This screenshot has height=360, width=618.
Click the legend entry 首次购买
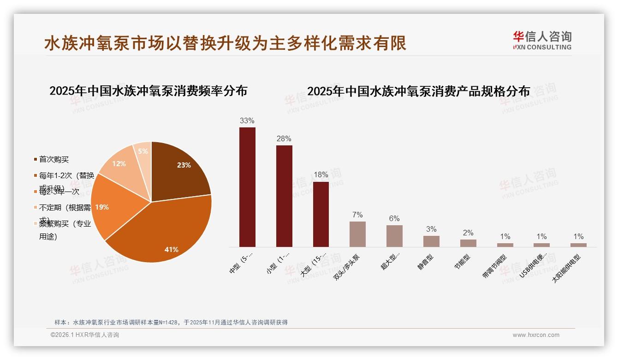click(x=53, y=159)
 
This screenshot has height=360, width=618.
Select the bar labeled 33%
click(x=247, y=187)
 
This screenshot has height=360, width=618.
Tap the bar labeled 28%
click(x=284, y=196)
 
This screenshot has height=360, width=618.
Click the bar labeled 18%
click(x=321, y=214)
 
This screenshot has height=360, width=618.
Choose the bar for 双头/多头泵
click(x=357, y=234)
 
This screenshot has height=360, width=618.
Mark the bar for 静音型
click(x=431, y=241)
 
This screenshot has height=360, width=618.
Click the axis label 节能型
click(x=463, y=262)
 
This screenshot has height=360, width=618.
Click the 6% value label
click(x=394, y=219)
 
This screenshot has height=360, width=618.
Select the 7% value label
click(x=357, y=215)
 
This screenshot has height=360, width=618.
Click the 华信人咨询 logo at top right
click(x=542, y=41)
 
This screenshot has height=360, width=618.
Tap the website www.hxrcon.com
click(x=536, y=335)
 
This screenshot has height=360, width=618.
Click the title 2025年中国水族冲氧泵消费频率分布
click(x=148, y=91)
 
